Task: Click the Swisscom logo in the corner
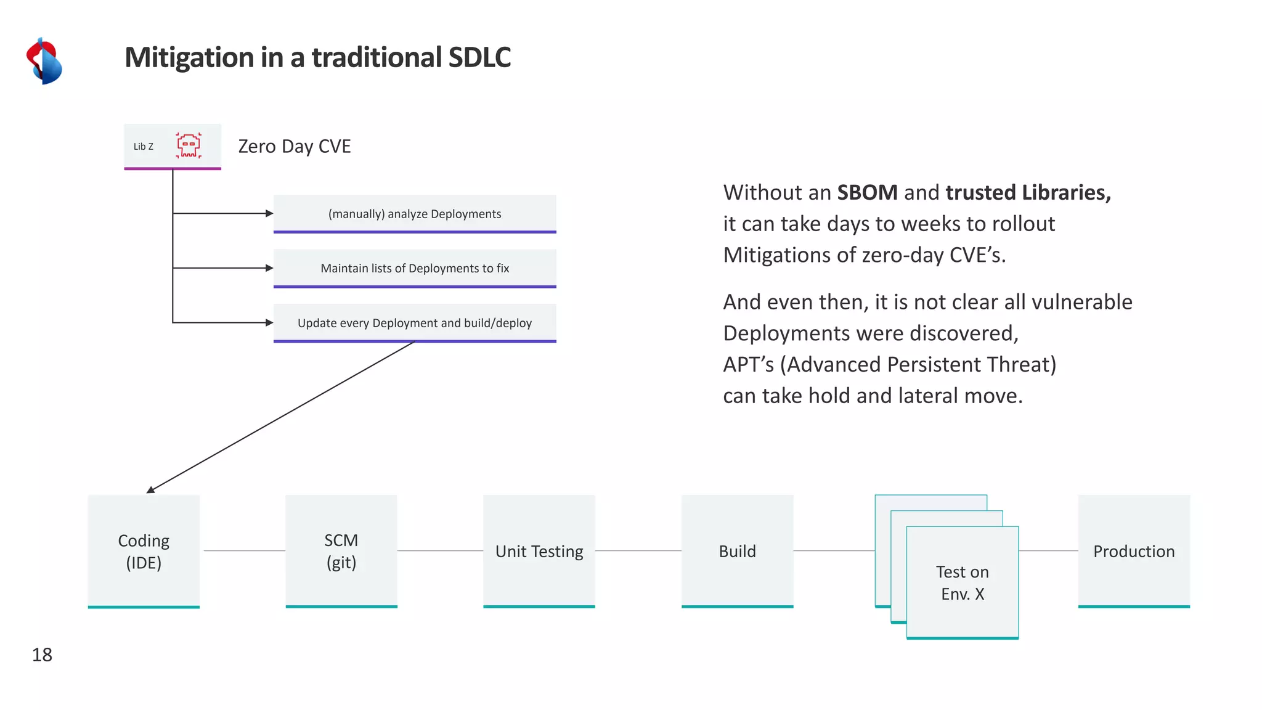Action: coord(44,61)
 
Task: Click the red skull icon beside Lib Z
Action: coord(189,145)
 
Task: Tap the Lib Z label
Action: coord(143,147)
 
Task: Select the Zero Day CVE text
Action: coord(294,146)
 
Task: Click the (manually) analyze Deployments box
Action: coord(415,214)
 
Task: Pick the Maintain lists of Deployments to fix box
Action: coord(415,268)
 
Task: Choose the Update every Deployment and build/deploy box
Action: coord(415,323)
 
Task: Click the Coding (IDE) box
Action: coord(144,551)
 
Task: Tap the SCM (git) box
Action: coord(341,551)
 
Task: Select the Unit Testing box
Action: coord(539,551)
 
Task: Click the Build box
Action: coord(737,551)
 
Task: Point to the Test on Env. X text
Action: coord(962,582)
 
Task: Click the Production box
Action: coord(1134,551)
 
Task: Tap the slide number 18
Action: coord(42,655)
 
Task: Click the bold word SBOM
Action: coord(867,192)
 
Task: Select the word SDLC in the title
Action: coord(479,57)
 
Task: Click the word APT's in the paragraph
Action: coord(748,364)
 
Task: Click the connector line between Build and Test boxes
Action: coord(834,550)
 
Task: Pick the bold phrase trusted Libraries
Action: coord(1028,192)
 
